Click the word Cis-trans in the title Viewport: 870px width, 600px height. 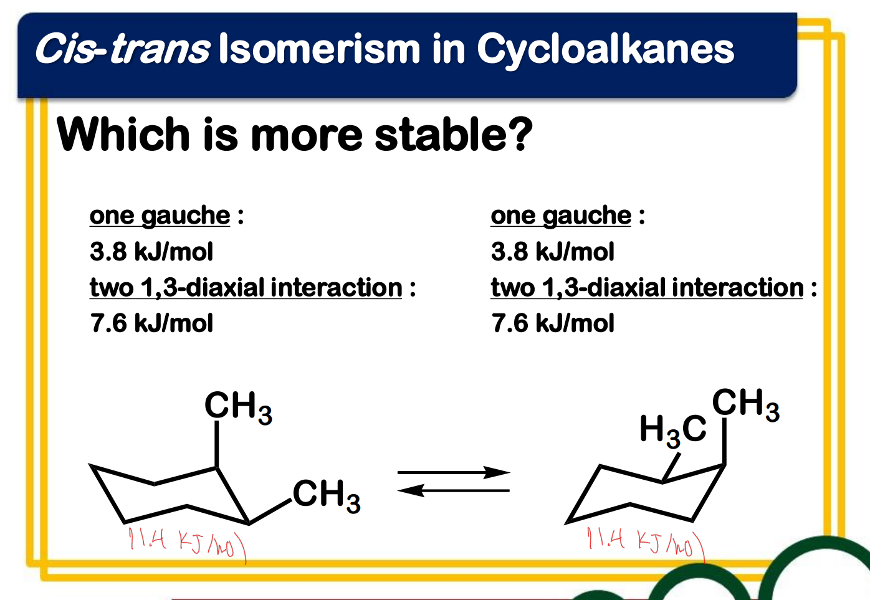coord(123,48)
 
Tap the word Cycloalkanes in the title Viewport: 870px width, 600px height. coord(606,51)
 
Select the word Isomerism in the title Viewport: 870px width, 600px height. coord(319,48)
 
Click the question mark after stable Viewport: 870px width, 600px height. coord(518,133)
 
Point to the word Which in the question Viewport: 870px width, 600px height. coord(123,133)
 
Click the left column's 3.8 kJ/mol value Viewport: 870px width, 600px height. coord(151,251)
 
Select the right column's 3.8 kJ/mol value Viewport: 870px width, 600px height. coord(553,251)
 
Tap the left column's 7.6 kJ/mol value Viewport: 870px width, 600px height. coord(151,323)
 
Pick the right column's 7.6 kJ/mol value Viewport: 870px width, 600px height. coord(553,323)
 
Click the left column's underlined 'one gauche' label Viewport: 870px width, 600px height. coord(160,216)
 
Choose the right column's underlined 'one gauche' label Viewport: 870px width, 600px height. coord(561,216)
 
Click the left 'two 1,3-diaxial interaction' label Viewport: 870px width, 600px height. coord(246,288)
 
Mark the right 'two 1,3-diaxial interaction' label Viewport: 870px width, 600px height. coord(647,288)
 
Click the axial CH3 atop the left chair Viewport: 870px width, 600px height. coord(239,407)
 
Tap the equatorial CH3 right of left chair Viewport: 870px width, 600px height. coord(327,496)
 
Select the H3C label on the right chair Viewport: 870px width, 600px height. coord(672,431)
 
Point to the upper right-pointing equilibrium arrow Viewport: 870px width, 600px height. coord(454,472)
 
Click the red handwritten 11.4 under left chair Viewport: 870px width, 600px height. coord(148,538)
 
